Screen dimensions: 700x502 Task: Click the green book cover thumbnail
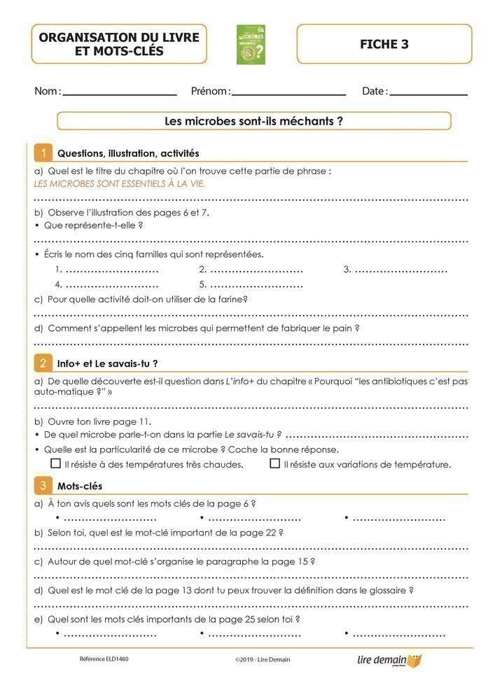tap(251, 45)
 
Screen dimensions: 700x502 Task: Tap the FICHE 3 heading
tap(384, 44)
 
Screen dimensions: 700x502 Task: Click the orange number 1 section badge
tap(43, 153)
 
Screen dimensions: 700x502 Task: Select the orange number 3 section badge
tap(43, 485)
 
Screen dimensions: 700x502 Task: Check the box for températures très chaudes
tap(56, 463)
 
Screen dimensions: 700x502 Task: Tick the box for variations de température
tap(275, 463)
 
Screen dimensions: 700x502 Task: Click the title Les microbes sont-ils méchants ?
tap(253, 121)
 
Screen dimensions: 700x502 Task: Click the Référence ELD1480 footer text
tap(104, 659)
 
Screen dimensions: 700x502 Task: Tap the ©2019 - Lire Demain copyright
tap(263, 659)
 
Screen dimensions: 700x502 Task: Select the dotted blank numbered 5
tap(256, 285)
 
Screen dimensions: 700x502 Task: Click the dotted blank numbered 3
tap(400, 269)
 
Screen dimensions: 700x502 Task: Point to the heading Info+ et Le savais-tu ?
tap(107, 363)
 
